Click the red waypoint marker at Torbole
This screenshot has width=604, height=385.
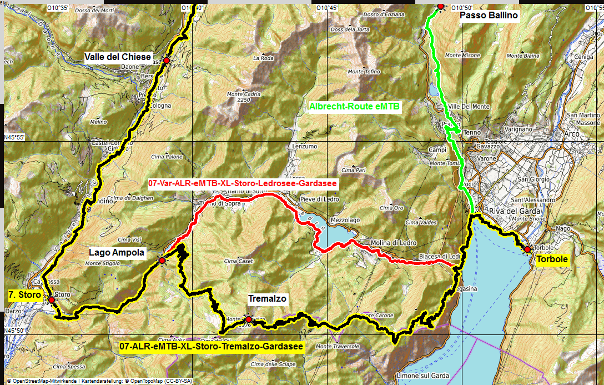[x=527, y=249]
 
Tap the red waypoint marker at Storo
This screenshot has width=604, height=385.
[x=52, y=300]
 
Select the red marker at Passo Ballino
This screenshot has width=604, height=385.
[x=441, y=6]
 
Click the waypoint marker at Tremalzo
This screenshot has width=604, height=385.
[x=248, y=319]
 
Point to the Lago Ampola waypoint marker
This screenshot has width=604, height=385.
[x=162, y=261]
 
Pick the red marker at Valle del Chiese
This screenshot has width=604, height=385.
[x=166, y=61]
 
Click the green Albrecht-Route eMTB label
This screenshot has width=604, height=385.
[x=354, y=106]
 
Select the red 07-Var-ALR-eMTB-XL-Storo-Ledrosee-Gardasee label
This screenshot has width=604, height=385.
[x=243, y=182]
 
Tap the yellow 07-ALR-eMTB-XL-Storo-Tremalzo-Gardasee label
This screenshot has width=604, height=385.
[x=212, y=347]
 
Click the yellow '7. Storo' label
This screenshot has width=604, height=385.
[x=25, y=295]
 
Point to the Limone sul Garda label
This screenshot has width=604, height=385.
[x=424, y=376]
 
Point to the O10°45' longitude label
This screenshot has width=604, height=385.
[x=326, y=7]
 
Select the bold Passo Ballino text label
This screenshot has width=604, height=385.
[x=489, y=16]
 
